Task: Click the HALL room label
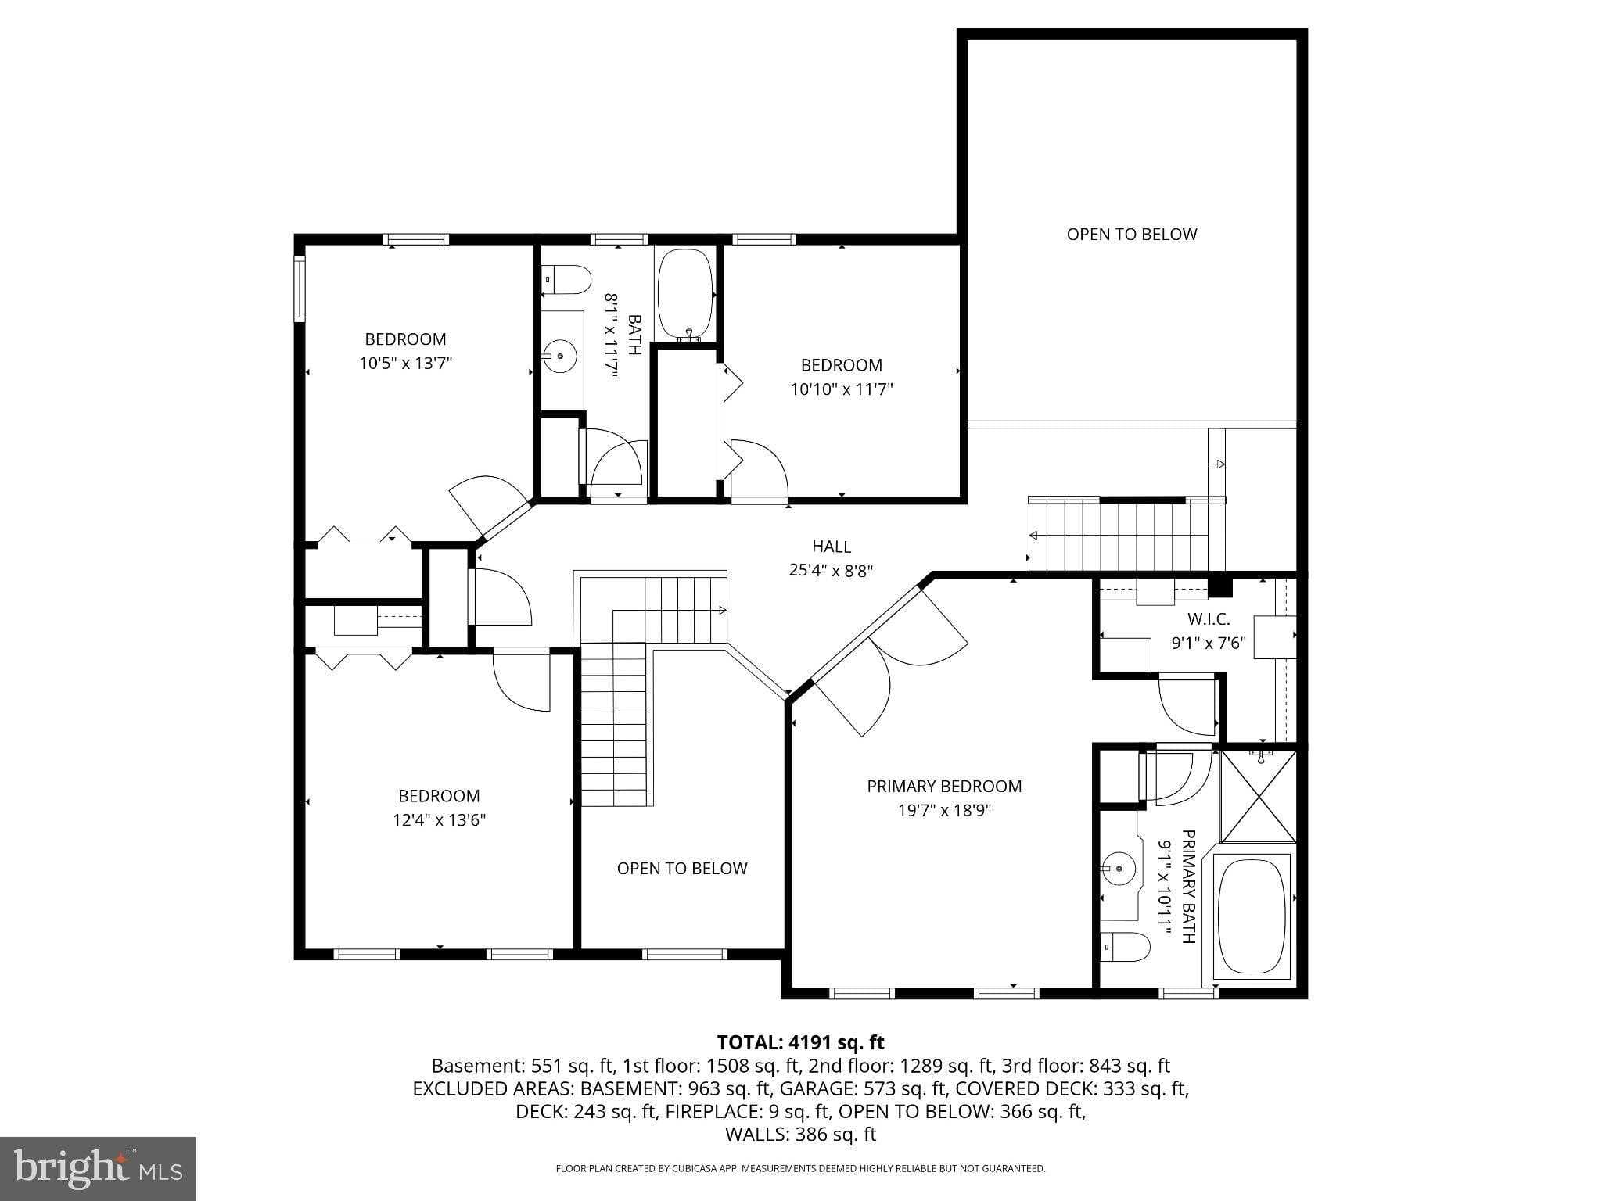(831, 547)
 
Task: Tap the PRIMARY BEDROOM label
(944, 786)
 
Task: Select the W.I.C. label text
(1209, 619)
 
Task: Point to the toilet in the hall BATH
(566, 280)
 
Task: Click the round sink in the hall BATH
(560, 357)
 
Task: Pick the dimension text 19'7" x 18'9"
(944, 810)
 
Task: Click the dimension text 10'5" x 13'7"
(406, 363)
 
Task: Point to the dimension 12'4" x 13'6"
(439, 819)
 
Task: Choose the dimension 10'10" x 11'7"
(842, 389)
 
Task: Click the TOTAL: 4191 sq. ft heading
(801, 1042)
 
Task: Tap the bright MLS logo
(98, 1168)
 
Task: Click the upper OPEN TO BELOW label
(1132, 234)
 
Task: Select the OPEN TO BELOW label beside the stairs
(682, 868)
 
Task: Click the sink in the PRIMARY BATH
(1119, 868)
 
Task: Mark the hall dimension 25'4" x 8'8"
(831, 571)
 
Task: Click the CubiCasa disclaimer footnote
(800, 1169)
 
